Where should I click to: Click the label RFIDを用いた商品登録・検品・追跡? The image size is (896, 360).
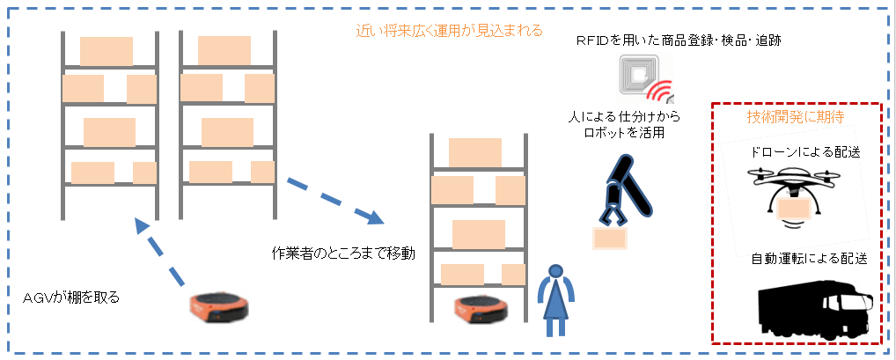pos(678,40)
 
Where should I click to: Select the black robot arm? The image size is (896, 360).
pos(627,187)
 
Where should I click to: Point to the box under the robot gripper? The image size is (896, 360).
pos(609,237)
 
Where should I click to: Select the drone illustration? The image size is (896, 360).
pos(797,195)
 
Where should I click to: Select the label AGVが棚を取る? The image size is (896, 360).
pos(71,298)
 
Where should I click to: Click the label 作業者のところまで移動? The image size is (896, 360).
pos(343,253)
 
